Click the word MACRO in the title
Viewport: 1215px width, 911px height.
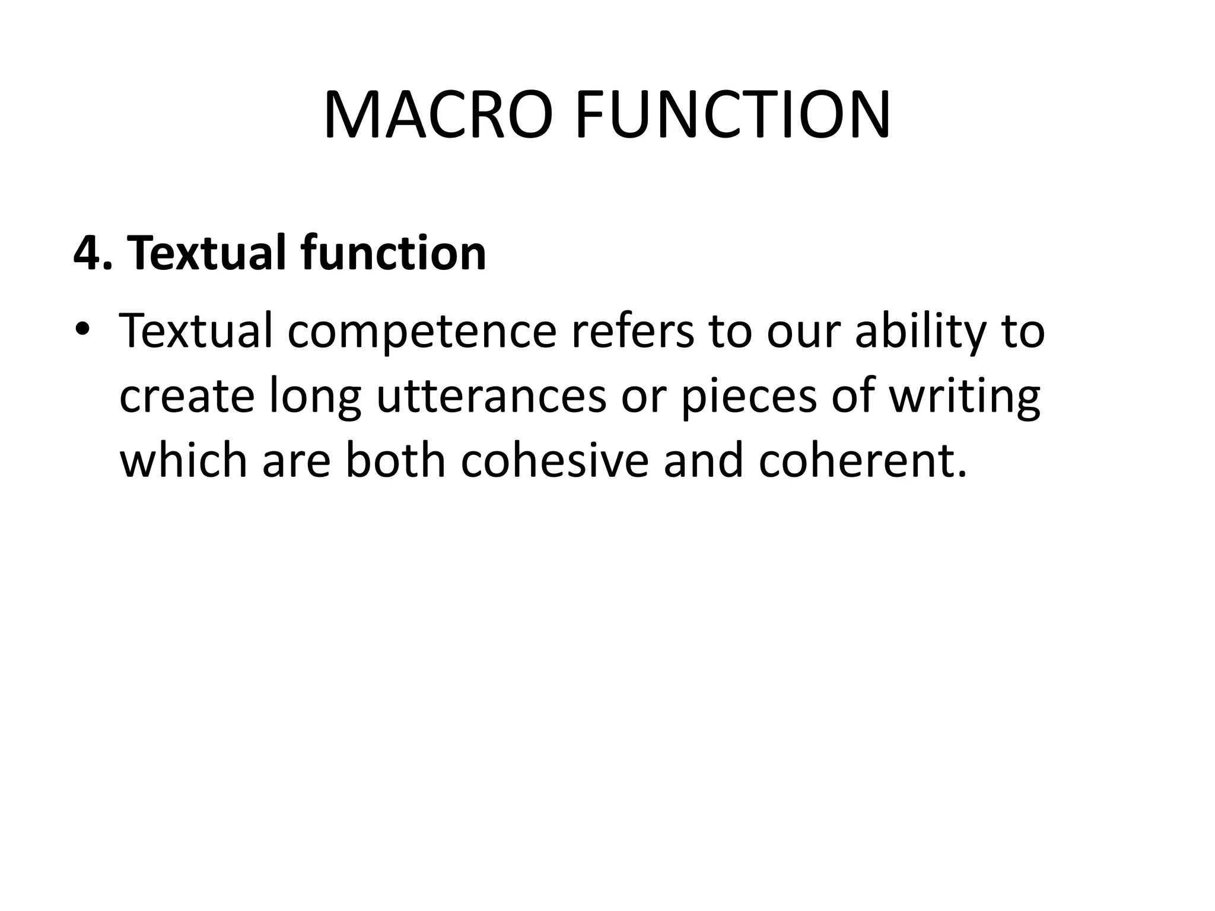440,115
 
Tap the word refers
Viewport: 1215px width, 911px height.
632,330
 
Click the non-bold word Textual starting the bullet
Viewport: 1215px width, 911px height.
196,330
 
